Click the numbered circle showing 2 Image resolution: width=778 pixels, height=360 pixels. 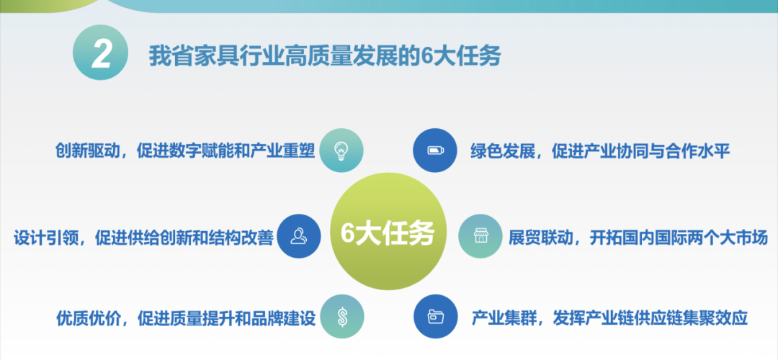[x=101, y=53]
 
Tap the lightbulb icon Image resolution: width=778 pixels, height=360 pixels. [x=341, y=150]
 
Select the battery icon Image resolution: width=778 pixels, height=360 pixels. [x=435, y=150]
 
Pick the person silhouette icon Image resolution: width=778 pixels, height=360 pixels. [x=299, y=236]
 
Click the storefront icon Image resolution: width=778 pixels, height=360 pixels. [x=480, y=235]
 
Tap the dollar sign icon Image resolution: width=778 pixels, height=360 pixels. [x=342, y=316]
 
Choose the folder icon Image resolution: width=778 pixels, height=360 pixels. [x=436, y=316]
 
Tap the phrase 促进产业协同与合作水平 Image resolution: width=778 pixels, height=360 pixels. [x=641, y=150]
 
